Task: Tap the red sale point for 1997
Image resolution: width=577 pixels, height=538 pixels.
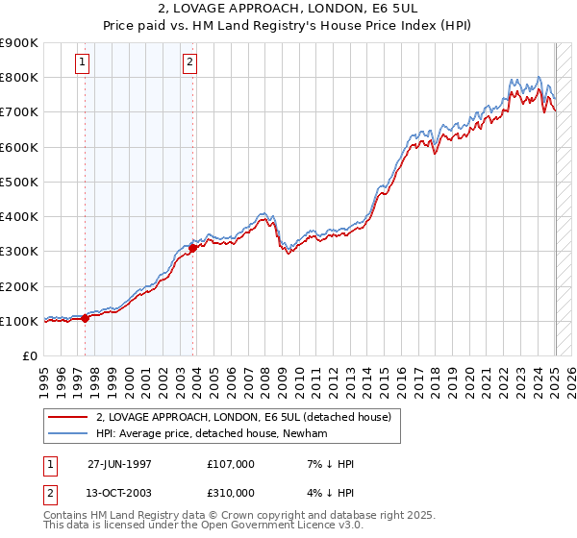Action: click(x=86, y=319)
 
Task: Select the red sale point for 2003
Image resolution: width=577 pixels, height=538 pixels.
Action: click(x=193, y=248)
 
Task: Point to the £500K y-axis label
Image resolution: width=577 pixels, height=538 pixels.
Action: click(x=19, y=182)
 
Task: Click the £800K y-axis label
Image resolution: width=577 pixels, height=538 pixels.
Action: click(x=19, y=77)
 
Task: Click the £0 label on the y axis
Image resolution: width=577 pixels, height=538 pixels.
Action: click(x=30, y=356)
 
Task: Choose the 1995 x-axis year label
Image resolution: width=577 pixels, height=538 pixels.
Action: click(x=45, y=380)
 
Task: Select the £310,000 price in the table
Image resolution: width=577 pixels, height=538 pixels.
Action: click(x=230, y=493)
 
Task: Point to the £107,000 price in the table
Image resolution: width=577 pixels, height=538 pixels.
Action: click(x=230, y=463)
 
